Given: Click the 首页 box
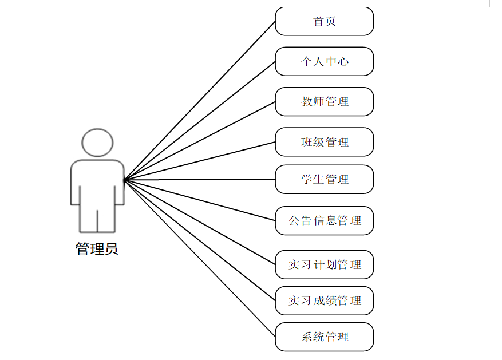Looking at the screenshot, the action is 324,22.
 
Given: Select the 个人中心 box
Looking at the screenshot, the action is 324,61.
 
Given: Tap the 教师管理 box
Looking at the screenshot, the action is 324,102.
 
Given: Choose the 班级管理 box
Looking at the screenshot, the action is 324,142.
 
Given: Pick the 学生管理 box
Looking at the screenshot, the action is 324,179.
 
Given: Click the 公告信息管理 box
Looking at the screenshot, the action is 324,220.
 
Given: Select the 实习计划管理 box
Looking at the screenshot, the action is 324,264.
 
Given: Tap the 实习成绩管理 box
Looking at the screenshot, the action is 324,300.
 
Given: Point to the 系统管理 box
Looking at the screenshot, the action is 324,337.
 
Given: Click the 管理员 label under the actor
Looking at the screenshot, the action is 97,249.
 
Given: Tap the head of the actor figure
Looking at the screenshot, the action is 97,143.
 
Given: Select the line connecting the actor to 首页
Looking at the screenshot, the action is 200,101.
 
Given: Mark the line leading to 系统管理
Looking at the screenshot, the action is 200,258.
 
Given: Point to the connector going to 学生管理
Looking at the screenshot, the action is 200,180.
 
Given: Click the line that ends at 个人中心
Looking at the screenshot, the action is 200,121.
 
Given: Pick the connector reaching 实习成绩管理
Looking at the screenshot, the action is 200,240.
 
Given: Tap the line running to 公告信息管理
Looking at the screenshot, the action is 200,200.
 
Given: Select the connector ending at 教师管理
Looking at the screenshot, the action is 200,141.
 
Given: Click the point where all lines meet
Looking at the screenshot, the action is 125,180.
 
